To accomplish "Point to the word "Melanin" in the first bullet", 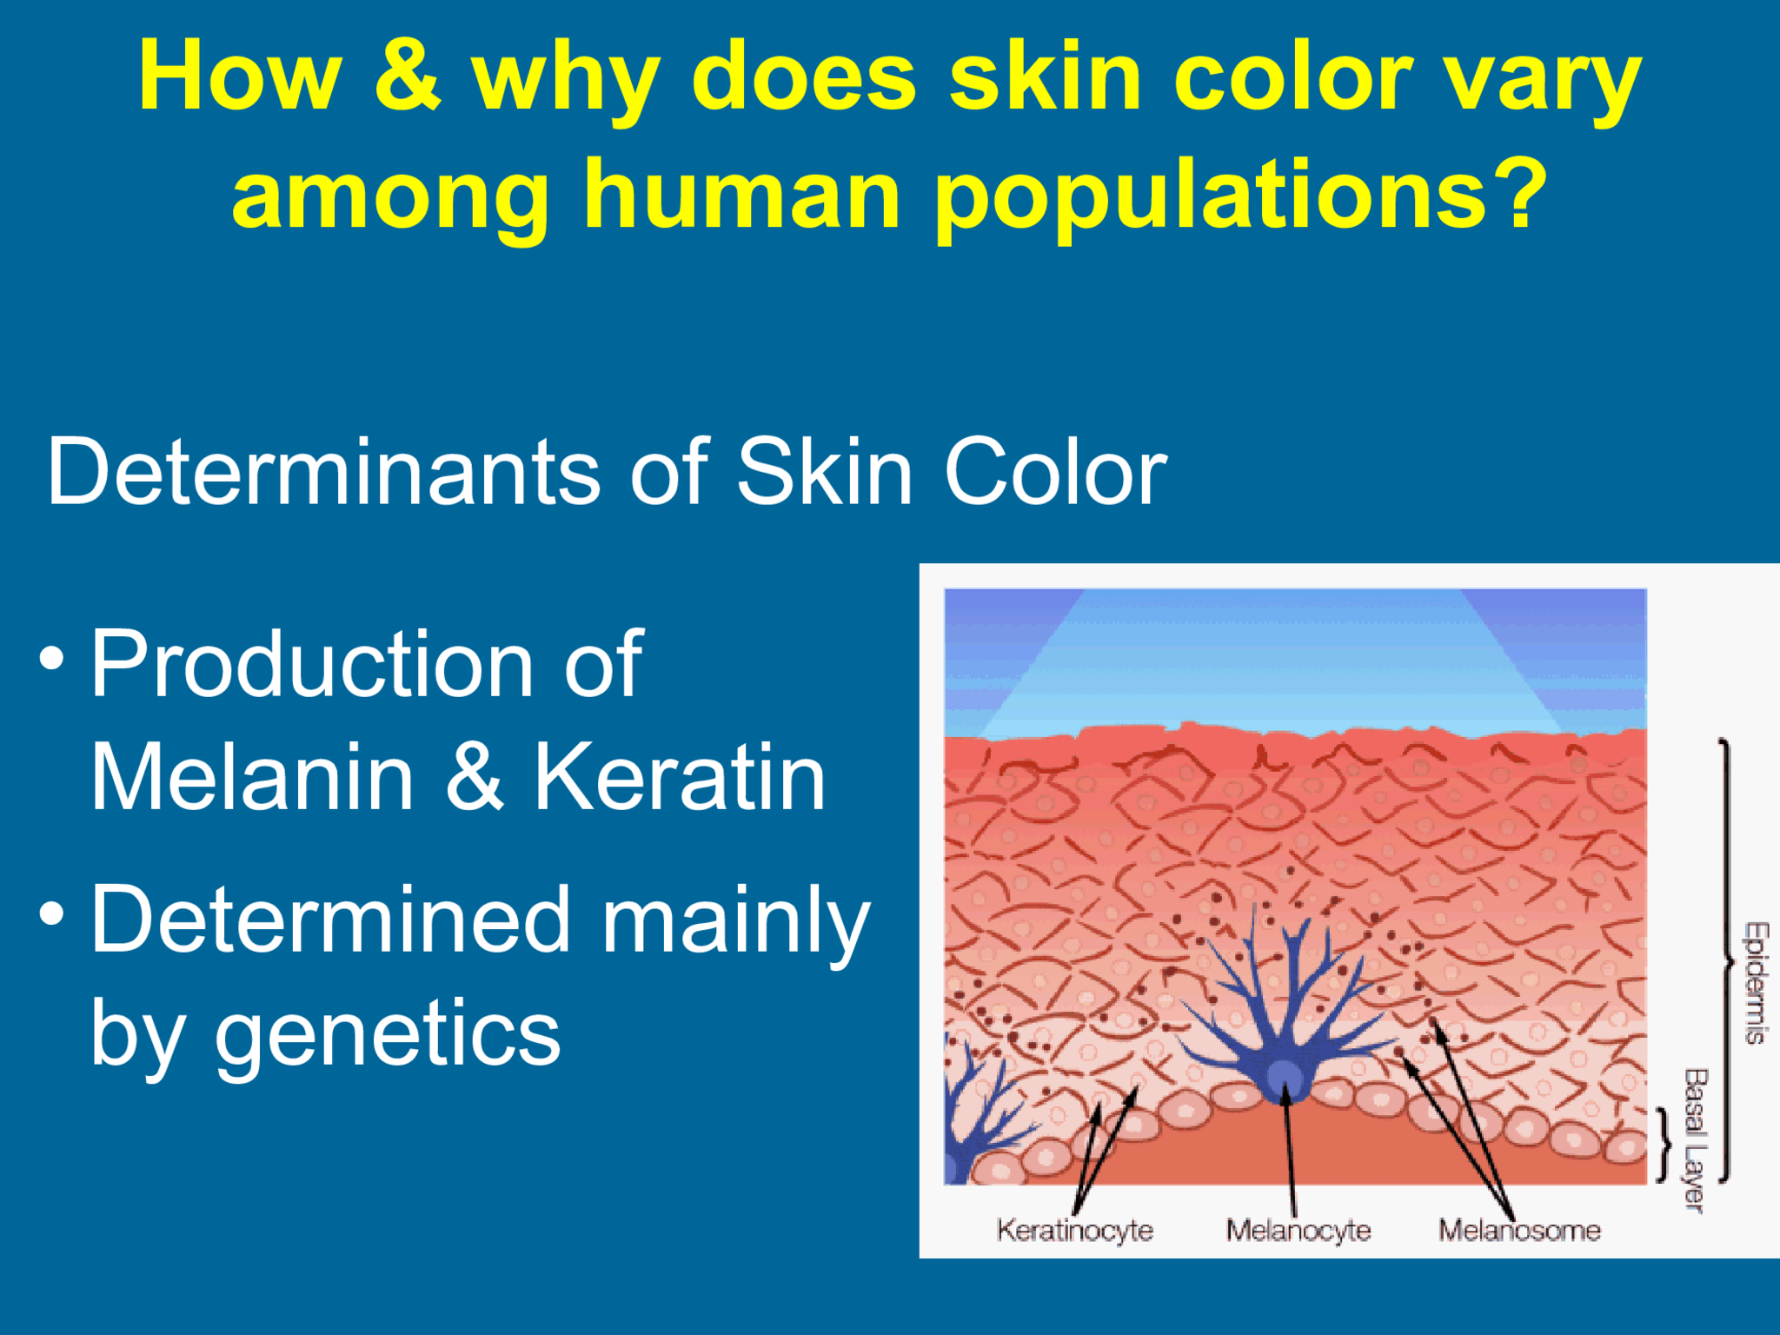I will click(x=252, y=778).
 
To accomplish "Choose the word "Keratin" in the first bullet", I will click(x=679, y=778).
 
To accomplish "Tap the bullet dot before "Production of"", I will click(x=52, y=658).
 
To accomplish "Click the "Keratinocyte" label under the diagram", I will click(x=1074, y=1231).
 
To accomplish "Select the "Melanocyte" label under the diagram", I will click(x=1298, y=1231).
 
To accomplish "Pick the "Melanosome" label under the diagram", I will click(x=1519, y=1231).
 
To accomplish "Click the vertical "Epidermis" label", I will click(x=1756, y=982).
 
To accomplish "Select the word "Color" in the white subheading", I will click(x=1055, y=473).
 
